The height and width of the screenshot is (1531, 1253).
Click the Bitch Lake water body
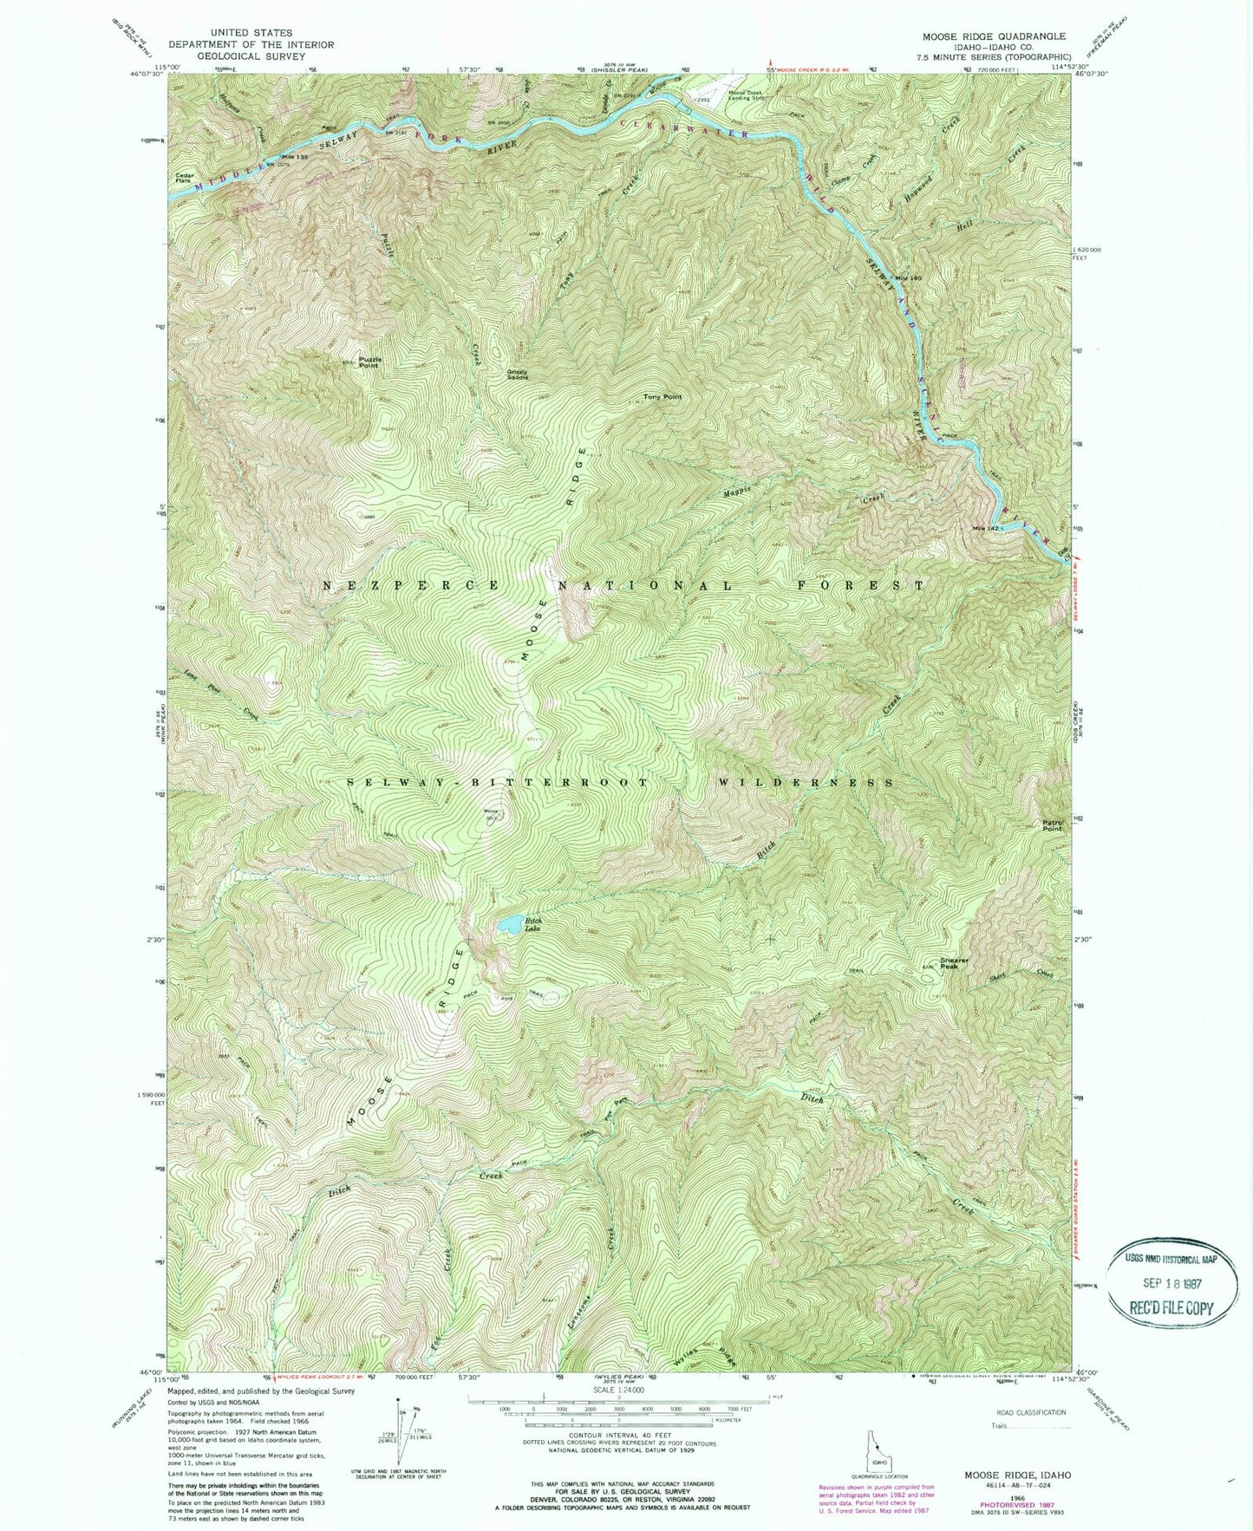tap(510, 923)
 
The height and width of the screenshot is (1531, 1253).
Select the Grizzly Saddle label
tap(519, 375)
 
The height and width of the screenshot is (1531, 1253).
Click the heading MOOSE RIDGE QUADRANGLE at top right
tap(994, 36)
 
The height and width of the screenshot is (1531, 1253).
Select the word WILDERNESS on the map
tap(806, 782)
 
